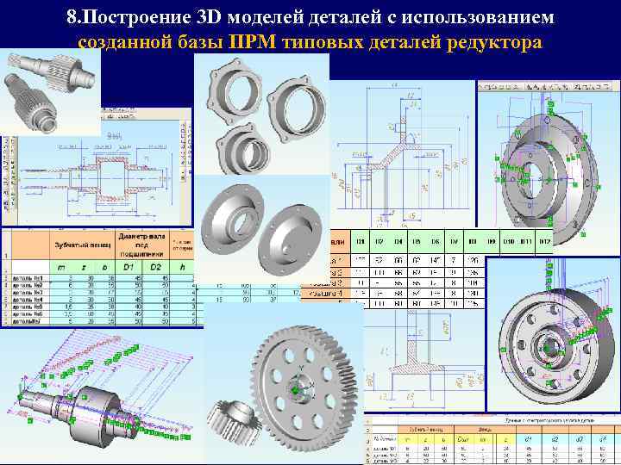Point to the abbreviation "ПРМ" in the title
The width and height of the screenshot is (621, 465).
coord(254,43)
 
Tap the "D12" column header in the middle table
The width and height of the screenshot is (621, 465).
coord(544,242)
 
